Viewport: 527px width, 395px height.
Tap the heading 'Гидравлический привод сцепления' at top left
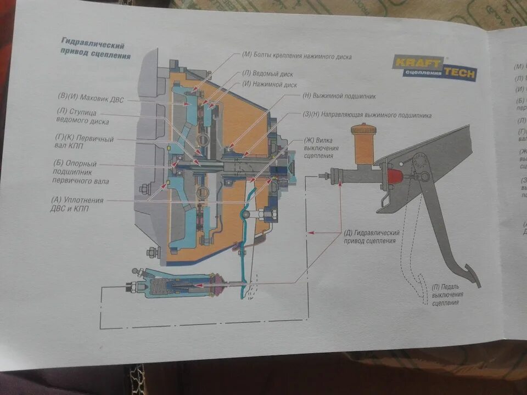pyautogui.click(x=96, y=50)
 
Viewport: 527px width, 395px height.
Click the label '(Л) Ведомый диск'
pyautogui.click(x=268, y=74)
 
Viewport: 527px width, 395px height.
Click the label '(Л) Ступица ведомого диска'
pyautogui.click(x=82, y=116)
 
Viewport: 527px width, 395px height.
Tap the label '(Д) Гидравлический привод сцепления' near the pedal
pyautogui.click(x=373, y=236)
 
